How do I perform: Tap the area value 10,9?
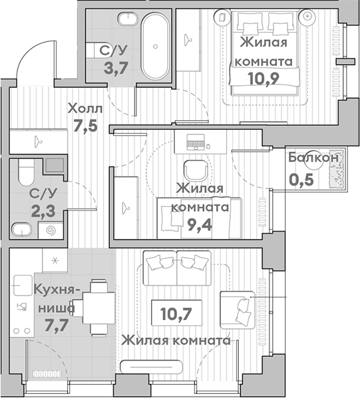264,79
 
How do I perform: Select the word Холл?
85,108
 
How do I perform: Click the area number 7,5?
85,125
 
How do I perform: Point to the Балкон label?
313,158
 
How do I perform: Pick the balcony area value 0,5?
301,180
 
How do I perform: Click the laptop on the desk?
196,142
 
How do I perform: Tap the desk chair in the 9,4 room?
196,170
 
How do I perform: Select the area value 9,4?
200,225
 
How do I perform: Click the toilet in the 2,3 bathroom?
26,172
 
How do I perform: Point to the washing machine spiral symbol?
51,231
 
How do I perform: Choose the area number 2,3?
43,212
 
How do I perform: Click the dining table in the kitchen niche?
99,307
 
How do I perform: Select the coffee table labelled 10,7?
176,313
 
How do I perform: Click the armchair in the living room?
238,310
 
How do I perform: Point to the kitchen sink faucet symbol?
22,307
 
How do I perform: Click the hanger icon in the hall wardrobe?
39,141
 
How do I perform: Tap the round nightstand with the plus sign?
307,16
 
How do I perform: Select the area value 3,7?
116,68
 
